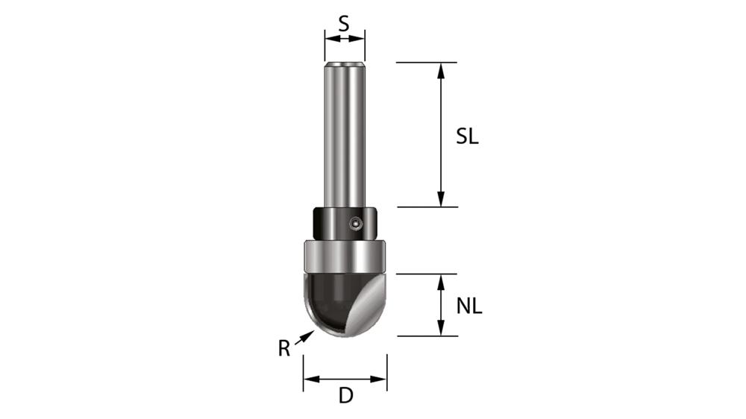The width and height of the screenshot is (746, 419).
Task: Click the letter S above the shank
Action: [344, 23]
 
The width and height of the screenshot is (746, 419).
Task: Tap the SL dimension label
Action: [468, 137]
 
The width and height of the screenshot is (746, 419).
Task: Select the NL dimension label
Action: [469, 305]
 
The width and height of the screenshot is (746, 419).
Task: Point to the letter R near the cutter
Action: [284, 348]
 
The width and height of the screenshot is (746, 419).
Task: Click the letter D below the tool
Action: [345, 396]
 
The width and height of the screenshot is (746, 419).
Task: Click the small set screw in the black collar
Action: [357, 222]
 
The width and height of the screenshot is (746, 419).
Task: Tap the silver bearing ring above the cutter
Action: [345, 256]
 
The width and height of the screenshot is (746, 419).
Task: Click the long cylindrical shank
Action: [344, 134]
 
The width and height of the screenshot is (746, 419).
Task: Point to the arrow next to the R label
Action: [304, 337]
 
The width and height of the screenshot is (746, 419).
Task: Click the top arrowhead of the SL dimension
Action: [441, 69]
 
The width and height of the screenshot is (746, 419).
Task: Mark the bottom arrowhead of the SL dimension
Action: [441, 199]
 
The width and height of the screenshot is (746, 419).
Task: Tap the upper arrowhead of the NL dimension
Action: [441, 281]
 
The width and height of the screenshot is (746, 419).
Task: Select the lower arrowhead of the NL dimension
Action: [441, 329]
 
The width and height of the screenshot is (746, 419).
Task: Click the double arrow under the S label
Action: [345, 37]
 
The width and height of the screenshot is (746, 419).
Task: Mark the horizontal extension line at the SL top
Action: [426, 62]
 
